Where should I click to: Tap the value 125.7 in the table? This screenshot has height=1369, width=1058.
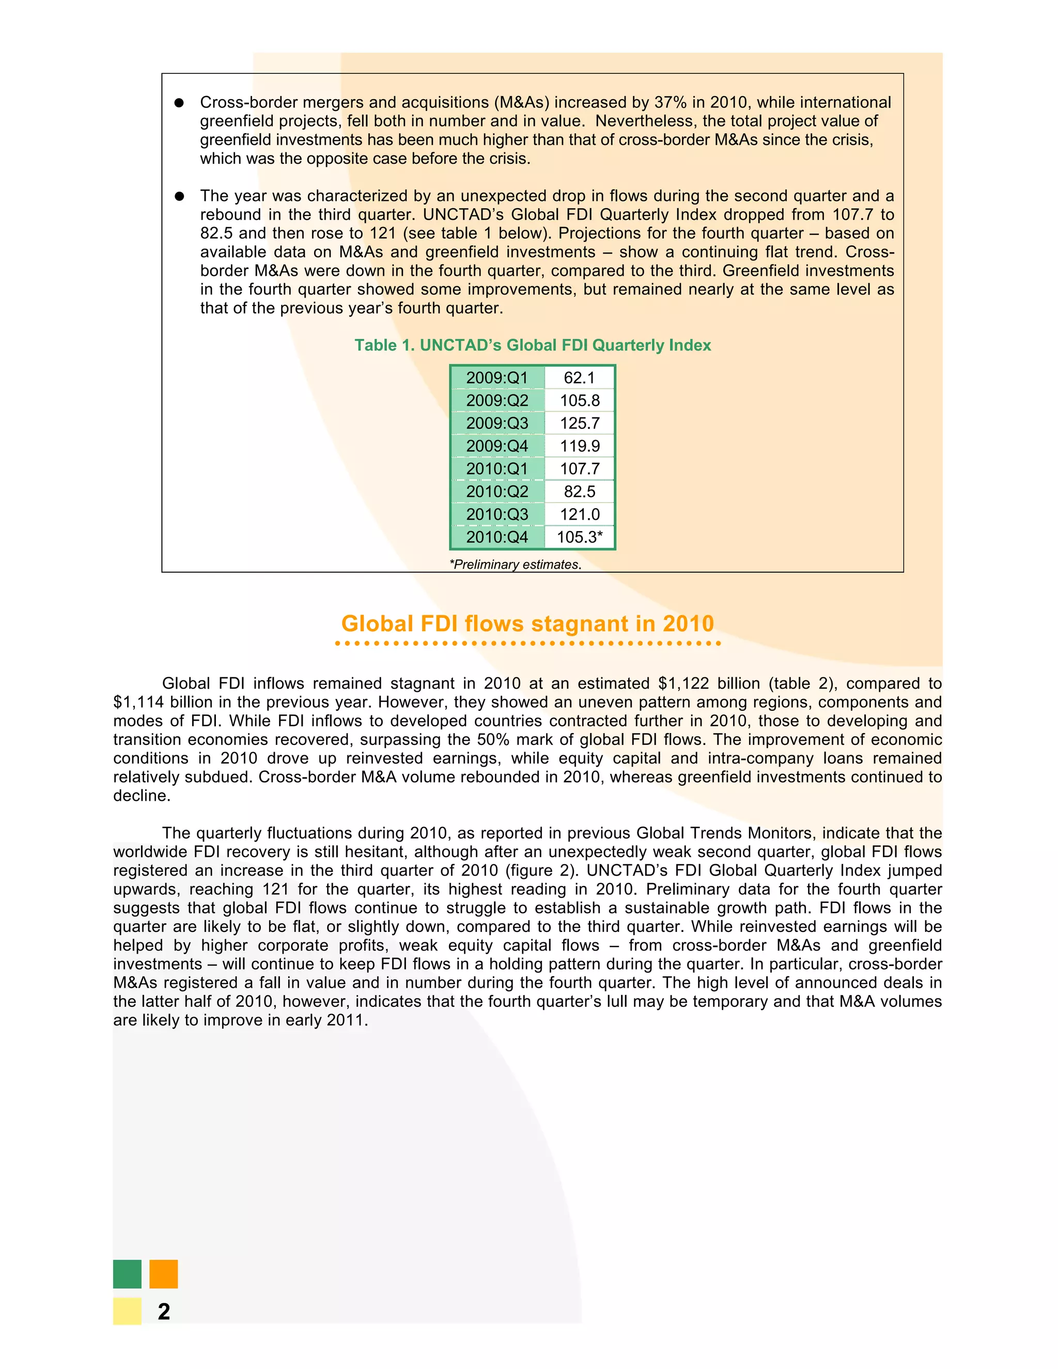580,424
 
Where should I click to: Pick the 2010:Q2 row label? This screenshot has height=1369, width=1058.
497,492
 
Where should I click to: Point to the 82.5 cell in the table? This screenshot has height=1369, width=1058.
579,492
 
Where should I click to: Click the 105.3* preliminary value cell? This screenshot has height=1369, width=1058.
580,537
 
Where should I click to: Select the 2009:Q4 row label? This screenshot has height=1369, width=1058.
497,446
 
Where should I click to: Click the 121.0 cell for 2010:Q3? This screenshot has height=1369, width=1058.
580,515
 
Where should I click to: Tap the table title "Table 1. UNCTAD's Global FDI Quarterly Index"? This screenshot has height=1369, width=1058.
532,346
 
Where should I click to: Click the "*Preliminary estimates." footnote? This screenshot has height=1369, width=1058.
515,565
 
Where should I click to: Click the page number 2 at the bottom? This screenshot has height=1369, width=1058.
164,1311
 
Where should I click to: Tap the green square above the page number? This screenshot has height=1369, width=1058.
127,1274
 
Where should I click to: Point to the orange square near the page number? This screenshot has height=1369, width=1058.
164,1274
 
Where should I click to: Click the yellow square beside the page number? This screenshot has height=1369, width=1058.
127,1311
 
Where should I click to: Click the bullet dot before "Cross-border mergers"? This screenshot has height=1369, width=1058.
179,103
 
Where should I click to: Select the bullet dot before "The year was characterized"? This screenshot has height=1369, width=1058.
179,196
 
